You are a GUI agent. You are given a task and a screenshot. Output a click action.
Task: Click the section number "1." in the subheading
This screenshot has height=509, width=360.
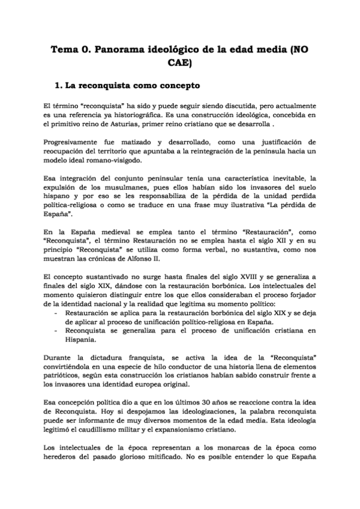click(59, 86)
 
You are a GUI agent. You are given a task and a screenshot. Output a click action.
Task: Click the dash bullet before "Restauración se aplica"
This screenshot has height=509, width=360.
click(56, 313)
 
